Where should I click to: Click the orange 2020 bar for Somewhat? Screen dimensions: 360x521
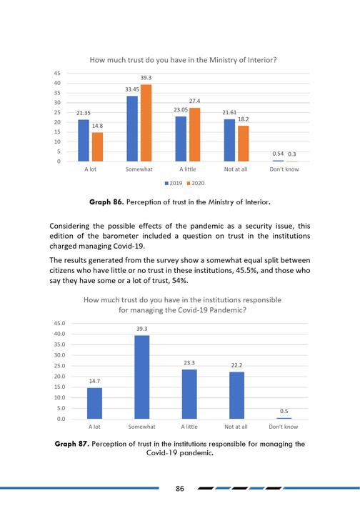coord(146,123)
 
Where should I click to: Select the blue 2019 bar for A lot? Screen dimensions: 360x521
coord(84,141)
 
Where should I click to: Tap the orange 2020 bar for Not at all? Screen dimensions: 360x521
coord(244,144)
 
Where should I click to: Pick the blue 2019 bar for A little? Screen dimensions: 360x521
coord(181,139)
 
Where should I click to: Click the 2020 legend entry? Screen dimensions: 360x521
coord(196,183)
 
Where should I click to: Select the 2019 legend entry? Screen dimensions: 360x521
coord(174,183)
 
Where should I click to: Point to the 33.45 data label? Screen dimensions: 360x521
coord(132,89)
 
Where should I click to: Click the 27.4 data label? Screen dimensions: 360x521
coord(194,101)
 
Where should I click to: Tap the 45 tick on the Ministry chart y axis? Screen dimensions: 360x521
coord(57,73)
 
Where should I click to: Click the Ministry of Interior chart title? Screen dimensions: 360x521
coord(183,60)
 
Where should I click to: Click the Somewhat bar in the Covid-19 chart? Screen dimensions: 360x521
coord(142,377)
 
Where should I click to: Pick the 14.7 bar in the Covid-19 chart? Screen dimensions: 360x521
coord(95,403)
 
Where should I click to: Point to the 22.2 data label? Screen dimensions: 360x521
coord(237,365)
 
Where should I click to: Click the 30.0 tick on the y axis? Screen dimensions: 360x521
coord(60,355)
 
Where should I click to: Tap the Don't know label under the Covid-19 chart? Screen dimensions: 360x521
coord(284,427)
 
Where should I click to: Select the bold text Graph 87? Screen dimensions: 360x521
coord(72,444)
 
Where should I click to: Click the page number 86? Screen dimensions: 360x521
coord(180,488)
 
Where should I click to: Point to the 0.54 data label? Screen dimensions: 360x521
coord(278,154)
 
